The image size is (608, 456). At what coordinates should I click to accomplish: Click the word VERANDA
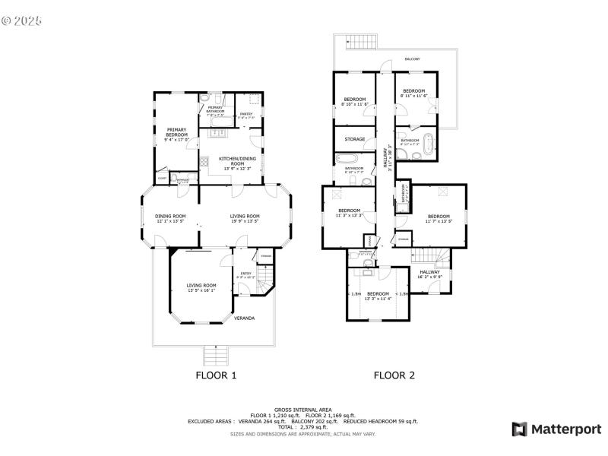click(x=244, y=318)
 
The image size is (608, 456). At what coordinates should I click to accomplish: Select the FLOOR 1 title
click(x=217, y=375)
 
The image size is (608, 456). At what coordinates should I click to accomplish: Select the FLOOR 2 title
click(x=394, y=375)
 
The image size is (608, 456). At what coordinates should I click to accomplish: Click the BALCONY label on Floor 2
click(x=412, y=59)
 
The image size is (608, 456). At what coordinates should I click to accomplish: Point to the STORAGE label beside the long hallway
click(x=355, y=139)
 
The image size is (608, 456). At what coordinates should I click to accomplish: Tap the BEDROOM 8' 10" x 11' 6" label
click(x=355, y=101)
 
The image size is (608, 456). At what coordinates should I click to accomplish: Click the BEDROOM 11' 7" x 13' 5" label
click(x=439, y=218)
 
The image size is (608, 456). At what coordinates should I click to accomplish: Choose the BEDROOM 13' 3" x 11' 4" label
click(x=378, y=295)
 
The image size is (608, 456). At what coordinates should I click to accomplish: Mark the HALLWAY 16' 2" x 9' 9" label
click(x=429, y=274)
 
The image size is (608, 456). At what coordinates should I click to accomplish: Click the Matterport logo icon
click(x=520, y=429)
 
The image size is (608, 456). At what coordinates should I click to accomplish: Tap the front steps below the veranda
click(x=217, y=354)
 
